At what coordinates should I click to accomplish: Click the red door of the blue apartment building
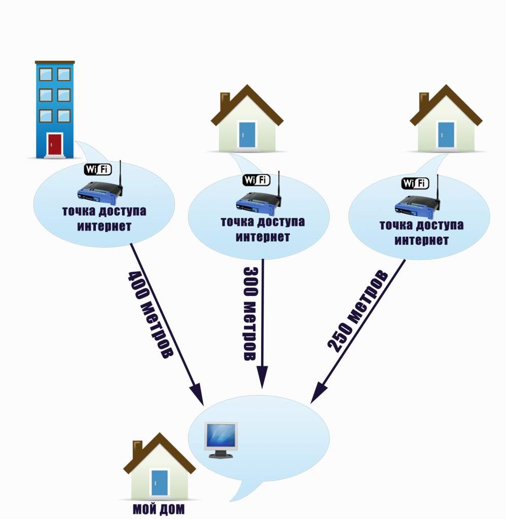tap(55, 144)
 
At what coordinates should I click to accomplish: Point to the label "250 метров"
tap(357, 312)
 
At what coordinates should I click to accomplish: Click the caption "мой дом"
tap(159, 509)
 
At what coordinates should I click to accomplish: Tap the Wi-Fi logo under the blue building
tap(97, 169)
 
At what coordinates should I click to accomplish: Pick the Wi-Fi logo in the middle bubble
tap(256, 179)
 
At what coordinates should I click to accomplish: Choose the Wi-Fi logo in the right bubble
tap(415, 183)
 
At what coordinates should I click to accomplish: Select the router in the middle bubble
tap(258, 202)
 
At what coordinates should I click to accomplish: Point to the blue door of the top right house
tap(446, 134)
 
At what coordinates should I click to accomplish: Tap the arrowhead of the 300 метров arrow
tap(262, 380)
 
